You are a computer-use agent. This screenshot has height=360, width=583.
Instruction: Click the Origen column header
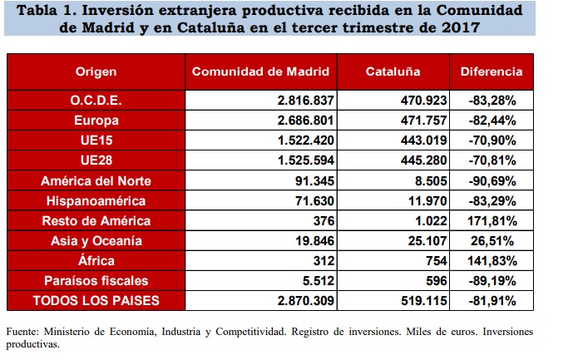pyautogui.click(x=96, y=72)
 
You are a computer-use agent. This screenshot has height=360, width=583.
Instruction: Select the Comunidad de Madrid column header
pyautogui.click(x=260, y=72)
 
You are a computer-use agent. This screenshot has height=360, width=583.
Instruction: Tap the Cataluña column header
pyautogui.click(x=393, y=72)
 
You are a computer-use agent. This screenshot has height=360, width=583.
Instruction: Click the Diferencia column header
pyautogui.click(x=492, y=72)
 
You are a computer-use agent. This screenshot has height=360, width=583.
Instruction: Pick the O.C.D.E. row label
pyautogui.click(x=96, y=100)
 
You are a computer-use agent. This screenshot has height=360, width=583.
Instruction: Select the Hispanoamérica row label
pyautogui.click(x=96, y=200)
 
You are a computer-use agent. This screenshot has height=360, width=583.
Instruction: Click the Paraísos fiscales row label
pyautogui.click(x=96, y=281)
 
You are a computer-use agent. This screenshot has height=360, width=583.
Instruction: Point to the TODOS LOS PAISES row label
pyautogui.click(x=96, y=301)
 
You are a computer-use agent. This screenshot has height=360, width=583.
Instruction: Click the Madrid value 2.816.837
pyautogui.click(x=304, y=100)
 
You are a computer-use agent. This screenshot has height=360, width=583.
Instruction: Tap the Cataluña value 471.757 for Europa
pyautogui.click(x=424, y=120)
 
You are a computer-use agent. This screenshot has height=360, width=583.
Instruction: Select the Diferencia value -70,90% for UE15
pyautogui.click(x=492, y=140)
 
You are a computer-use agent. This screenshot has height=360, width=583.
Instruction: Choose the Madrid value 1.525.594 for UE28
pyautogui.click(x=304, y=160)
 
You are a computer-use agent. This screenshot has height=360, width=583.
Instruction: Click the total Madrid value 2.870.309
pyautogui.click(x=304, y=301)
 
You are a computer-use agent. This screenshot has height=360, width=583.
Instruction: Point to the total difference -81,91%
pyautogui.click(x=492, y=301)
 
